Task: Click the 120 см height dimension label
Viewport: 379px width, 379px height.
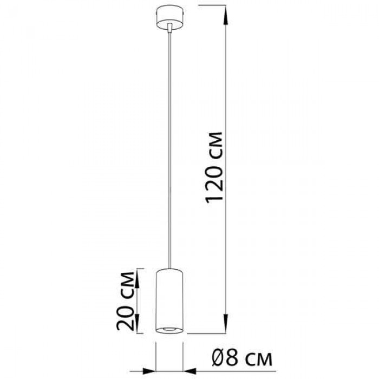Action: [214, 167]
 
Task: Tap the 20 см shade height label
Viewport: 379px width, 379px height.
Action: [126, 301]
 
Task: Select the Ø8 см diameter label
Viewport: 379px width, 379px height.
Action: [242, 357]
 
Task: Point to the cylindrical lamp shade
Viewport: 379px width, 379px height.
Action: [169, 300]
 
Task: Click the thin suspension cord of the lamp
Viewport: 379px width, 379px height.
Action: [169, 150]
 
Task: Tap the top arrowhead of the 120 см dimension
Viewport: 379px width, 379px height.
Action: [226, 15]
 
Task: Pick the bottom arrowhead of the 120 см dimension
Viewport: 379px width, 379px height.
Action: [226, 324]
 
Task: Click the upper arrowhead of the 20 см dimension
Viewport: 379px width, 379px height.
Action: [137, 278]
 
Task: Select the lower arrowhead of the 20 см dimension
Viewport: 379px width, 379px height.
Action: [137, 324]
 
